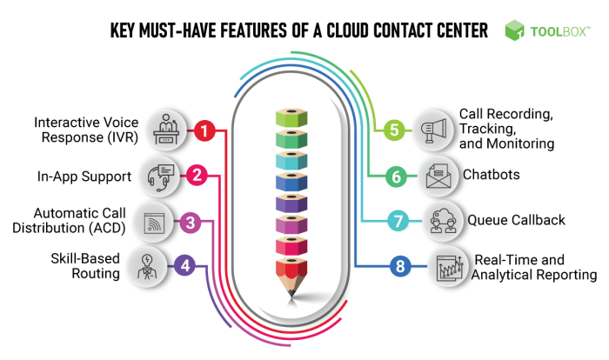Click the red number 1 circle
[x=204, y=131]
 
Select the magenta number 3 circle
[x=191, y=222]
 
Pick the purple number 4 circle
[x=184, y=266]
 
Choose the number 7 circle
[x=398, y=221]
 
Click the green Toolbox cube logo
[x=515, y=31]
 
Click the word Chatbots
[x=492, y=175]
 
